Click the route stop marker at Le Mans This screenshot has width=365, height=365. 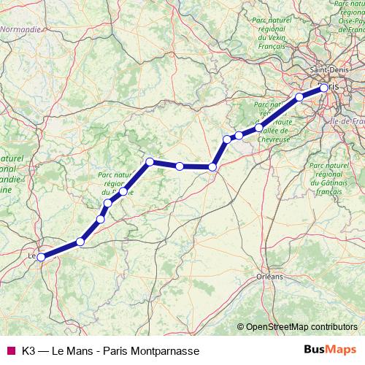tap(42, 256)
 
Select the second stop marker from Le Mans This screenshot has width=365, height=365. tap(80, 242)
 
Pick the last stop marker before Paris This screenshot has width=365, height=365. tap(299, 97)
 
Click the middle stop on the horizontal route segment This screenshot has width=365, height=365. tap(180, 166)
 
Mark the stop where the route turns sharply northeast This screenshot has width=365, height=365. tap(212, 167)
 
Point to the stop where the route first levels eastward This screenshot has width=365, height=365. tap(150, 161)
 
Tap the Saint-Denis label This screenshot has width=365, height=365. tap(328, 70)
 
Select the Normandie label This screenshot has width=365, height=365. tap(20, 30)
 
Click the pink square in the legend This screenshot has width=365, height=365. tap(9, 350)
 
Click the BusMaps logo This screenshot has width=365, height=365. tap(330, 350)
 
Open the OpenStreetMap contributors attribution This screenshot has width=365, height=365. tap(301, 326)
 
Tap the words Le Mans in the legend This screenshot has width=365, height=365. tap(73, 350)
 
